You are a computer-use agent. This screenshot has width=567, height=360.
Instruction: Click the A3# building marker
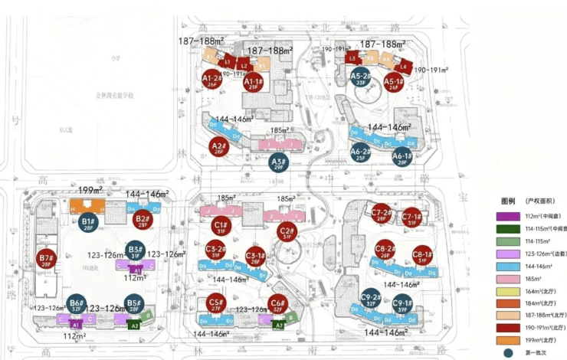278,162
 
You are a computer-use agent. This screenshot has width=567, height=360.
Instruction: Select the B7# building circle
47,259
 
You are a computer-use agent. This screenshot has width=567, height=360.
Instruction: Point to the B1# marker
87,224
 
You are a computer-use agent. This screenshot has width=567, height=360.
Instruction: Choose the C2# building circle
287,232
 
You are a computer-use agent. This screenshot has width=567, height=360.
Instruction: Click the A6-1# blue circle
401,158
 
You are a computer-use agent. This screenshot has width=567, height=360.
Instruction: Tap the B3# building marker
136,250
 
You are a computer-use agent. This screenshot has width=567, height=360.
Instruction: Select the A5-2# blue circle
361,77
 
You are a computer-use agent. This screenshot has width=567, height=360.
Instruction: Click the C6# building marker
278,304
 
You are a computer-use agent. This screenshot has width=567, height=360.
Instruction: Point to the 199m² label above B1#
90,188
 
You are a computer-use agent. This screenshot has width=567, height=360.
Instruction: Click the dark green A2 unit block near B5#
135,325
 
